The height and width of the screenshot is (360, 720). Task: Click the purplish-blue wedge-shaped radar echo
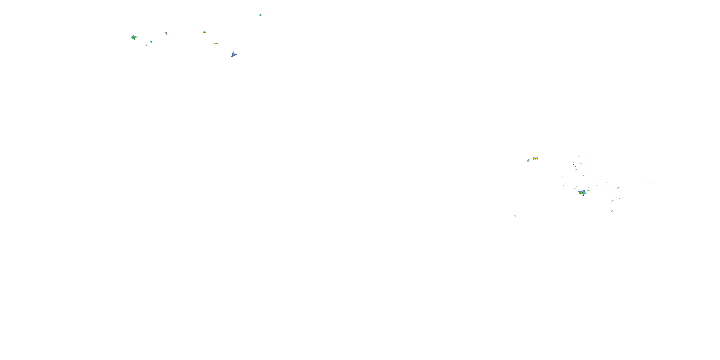pos(233,54)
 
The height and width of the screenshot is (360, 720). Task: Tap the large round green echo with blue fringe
pos(134,37)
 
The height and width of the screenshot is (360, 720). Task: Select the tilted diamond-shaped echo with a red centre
pos(166,33)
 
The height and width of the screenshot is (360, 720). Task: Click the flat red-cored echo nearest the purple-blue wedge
pos(216,44)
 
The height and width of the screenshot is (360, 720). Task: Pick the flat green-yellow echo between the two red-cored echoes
pos(204,32)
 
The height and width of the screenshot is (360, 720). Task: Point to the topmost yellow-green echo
pos(260,15)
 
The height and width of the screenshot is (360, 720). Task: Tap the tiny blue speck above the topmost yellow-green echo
pos(261,10)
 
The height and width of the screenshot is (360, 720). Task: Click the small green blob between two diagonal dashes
pos(151,42)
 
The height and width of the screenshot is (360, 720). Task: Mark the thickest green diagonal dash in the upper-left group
pos(146,44)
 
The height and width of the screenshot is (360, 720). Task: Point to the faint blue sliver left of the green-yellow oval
pos(194,35)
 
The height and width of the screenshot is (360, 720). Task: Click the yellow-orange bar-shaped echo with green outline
pos(535,158)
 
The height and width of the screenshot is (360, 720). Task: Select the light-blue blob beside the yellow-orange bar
pos(528,160)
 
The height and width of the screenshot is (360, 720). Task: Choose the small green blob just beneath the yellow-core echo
pos(583,195)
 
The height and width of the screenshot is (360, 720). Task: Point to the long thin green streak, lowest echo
pos(515,216)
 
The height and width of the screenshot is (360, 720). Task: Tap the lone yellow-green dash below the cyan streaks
pos(612,211)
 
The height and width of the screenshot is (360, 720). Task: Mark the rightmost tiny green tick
pos(653,183)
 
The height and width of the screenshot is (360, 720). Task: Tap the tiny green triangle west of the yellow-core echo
pos(564,186)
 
